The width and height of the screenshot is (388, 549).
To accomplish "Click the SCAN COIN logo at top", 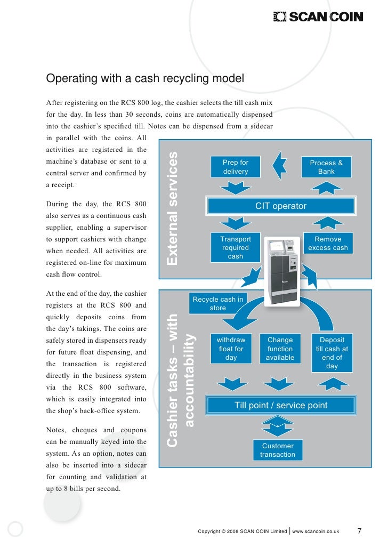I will tap(318, 17).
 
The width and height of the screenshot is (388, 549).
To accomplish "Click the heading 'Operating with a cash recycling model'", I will tap(145, 79).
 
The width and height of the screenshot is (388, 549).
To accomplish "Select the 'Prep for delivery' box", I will tap(235, 167).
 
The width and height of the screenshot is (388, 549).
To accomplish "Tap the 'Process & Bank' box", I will tap(326, 167).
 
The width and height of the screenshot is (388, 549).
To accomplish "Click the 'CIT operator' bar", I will tap(281, 206).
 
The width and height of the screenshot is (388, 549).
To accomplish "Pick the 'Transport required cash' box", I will tap(235, 248).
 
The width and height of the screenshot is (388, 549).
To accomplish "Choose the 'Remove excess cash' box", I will tap(328, 244).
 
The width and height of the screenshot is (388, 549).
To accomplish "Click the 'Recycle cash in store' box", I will tap(217, 304).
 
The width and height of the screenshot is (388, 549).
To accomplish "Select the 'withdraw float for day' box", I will tap(231, 349).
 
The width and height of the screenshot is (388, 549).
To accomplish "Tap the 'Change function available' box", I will tap(280, 349).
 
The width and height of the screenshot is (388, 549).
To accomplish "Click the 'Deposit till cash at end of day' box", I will tap(332, 353).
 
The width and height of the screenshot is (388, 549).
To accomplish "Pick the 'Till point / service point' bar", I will tap(281, 406).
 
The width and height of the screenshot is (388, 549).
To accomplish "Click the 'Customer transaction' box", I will tap(277, 450).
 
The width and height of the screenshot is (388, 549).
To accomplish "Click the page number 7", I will tap(359, 531).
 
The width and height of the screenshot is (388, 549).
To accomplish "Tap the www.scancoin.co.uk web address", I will tap(316, 531).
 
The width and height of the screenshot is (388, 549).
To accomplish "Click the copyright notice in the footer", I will tap(242, 531).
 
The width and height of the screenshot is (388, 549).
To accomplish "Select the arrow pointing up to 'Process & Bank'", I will tap(326, 187).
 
